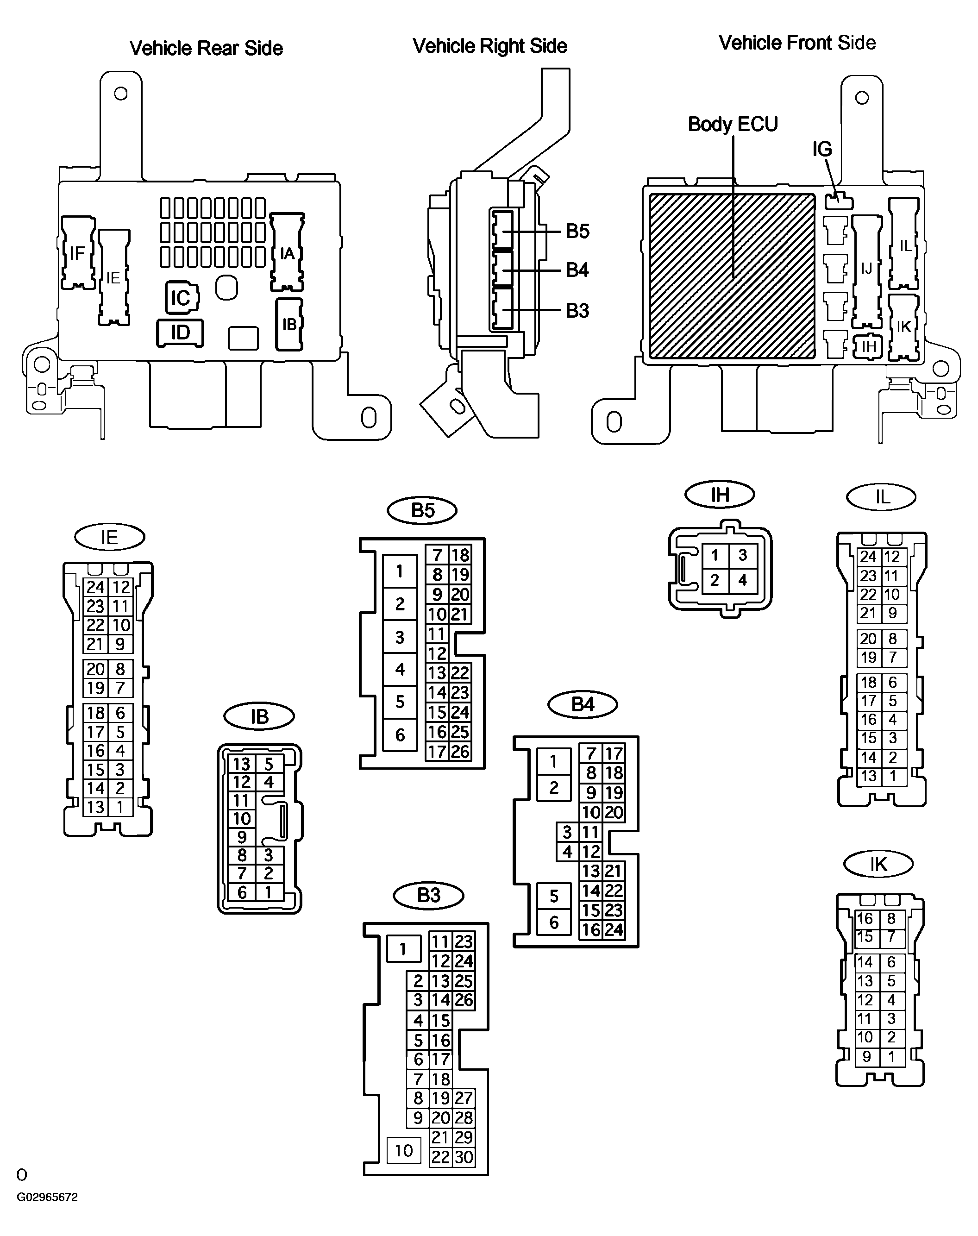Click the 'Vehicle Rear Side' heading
pyautogui.click(x=206, y=48)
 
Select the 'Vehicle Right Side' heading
pyautogui.click(x=489, y=46)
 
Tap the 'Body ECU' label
pyautogui.click(x=733, y=124)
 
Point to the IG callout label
pyautogui.click(x=822, y=149)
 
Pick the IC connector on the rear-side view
pyautogui.click(x=182, y=298)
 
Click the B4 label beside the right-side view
pyautogui.click(x=577, y=270)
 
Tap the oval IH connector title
pyautogui.click(x=720, y=495)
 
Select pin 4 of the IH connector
pyautogui.click(x=743, y=580)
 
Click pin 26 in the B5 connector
pyautogui.click(x=460, y=752)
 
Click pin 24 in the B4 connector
pyautogui.click(x=613, y=930)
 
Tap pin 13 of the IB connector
pyautogui.click(x=242, y=764)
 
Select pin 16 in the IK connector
pyautogui.click(x=865, y=919)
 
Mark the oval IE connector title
pyautogui.click(x=109, y=537)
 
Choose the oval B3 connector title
pyautogui.click(x=428, y=895)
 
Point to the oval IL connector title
pyautogui.click(x=881, y=497)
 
